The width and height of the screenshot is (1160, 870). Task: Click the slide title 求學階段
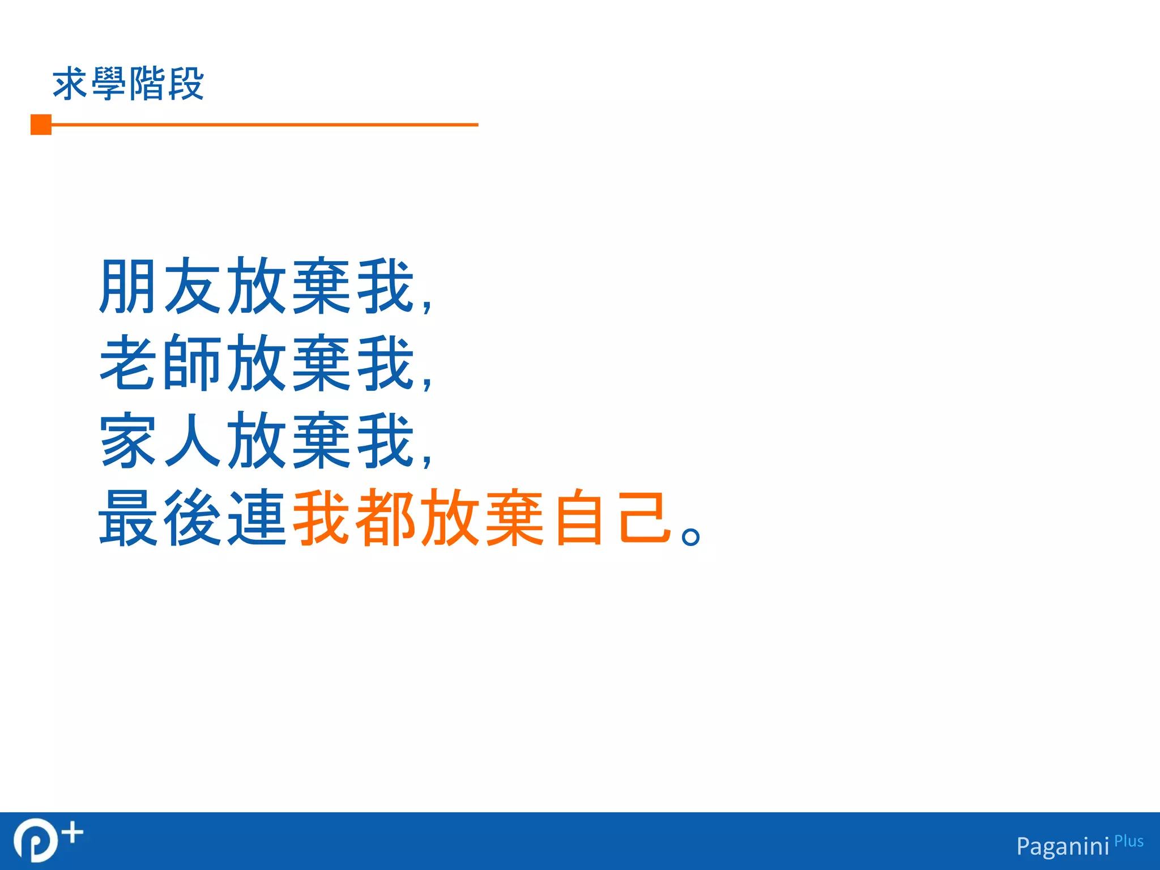(x=128, y=84)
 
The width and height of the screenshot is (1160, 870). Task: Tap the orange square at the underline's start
(x=41, y=125)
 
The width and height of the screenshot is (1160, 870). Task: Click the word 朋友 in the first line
(x=159, y=286)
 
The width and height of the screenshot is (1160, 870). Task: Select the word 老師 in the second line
(x=159, y=363)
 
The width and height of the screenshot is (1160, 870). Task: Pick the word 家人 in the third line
(x=159, y=441)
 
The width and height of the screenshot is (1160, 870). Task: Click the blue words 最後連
(x=192, y=518)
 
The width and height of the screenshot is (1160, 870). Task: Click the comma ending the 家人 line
(x=427, y=460)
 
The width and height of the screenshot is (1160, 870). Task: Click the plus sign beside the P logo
(x=72, y=833)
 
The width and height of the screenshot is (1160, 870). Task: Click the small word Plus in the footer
(x=1129, y=842)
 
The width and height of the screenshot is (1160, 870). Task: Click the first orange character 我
(x=321, y=518)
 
